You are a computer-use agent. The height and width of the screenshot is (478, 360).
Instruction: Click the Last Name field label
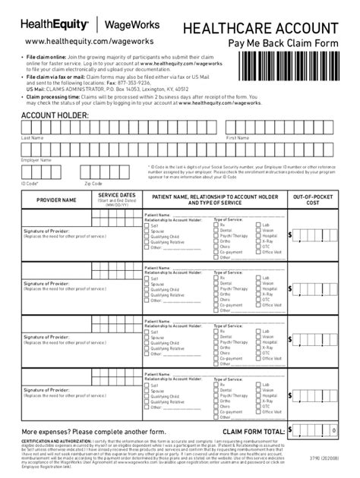click(x=31, y=138)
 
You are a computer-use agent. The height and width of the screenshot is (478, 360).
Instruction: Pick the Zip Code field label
click(x=93, y=183)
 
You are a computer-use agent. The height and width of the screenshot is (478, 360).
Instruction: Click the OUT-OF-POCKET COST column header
click(x=312, y=200)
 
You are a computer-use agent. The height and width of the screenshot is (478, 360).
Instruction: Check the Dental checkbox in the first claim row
click(x=215, y=231)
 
